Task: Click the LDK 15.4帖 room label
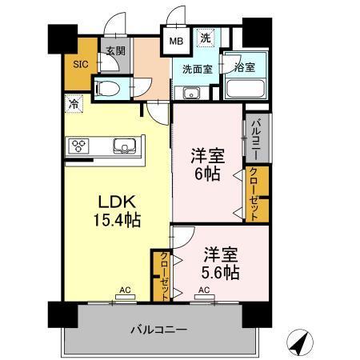[118, 210]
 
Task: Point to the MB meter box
[175, 38]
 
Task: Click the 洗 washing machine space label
[206, 38]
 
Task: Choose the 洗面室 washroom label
[195, 70]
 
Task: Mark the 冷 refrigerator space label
[74, 104]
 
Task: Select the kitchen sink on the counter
[125, 146]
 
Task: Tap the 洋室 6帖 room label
[204, 163]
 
